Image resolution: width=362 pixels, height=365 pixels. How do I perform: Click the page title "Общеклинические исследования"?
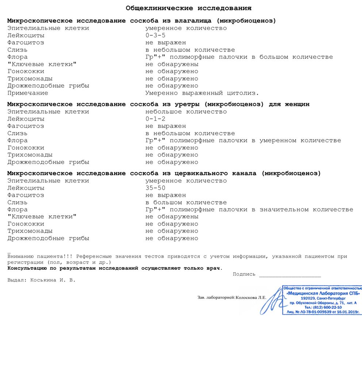click(188, 8)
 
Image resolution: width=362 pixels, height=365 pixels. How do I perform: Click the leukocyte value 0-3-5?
click(155, 35)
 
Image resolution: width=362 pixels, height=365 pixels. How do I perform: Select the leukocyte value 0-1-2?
click(155, 119)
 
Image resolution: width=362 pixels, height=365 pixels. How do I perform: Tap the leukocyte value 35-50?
click(155, 188)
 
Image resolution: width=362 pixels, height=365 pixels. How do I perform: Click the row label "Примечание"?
click(28, 93)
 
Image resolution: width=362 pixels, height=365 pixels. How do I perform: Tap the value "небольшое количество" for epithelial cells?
click(186, 112)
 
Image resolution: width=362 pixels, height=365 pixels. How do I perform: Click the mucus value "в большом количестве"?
click(186, 203)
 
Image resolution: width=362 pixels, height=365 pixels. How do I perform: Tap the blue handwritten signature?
click(272, 301)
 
